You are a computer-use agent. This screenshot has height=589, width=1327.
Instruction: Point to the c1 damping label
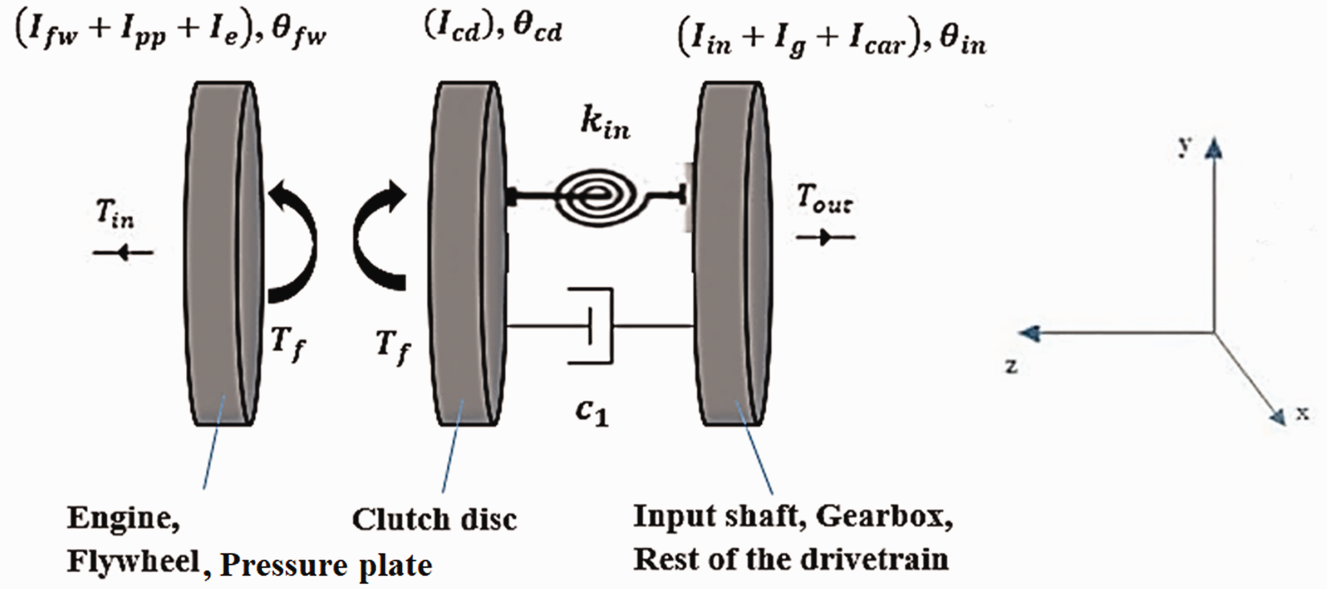point(593,412)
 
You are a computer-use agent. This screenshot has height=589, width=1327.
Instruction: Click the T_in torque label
point(115,214)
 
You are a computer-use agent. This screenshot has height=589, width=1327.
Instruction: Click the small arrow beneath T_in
point(123,253)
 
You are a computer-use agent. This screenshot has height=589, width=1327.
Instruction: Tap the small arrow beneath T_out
point(826,237)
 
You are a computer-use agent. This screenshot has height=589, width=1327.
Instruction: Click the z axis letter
point(1011,366)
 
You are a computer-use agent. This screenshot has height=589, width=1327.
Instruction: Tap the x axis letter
point(1302,413)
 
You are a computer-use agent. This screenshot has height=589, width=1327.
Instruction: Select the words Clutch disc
point(434,520)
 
